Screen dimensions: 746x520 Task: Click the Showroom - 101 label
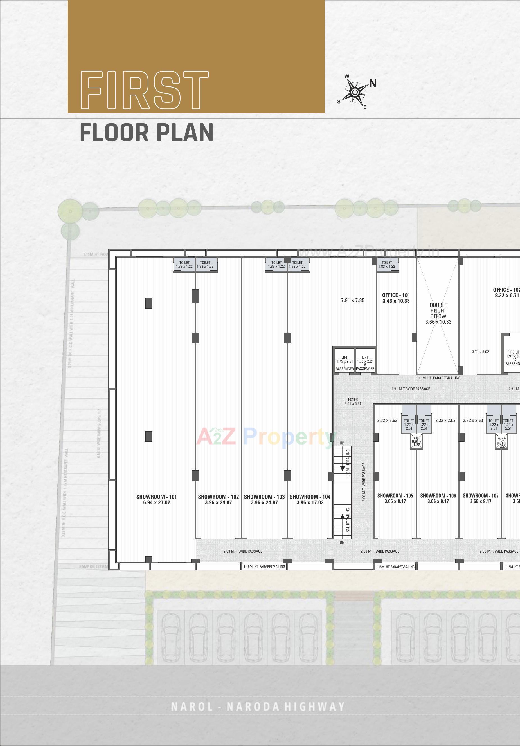(156, 499)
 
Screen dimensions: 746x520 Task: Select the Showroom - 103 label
(264, 499)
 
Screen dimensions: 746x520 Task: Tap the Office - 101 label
(396, 298)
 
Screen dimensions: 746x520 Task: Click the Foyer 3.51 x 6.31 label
(353, 401)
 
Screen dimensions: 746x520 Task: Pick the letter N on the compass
(373, 84)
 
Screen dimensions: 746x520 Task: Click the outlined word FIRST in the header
(145, 90)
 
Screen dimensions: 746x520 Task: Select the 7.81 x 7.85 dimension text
(352, 300)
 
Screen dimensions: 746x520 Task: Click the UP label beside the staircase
(342, 443)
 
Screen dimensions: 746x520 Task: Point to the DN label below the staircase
(342, 542)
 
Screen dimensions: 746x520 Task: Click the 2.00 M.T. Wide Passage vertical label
(364, 482)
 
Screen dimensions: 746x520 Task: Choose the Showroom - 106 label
(438, 499)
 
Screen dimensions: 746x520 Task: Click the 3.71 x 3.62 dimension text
(480, 352)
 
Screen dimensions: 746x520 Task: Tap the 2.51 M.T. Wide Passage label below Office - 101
(411, 388)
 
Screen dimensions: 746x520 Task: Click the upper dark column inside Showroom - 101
(149, 303)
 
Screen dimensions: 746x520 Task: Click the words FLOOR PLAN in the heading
(147, 133)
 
